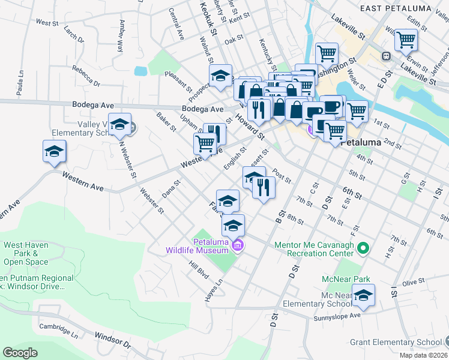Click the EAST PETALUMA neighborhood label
[397, 8]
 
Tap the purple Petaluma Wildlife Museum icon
[238, 245]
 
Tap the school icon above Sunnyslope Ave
[363, 295]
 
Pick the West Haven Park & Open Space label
[26, 253]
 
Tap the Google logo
[20, 352]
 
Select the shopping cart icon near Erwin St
[406, 40]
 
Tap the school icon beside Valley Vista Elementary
[120, 124]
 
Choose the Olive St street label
[413, 281]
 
